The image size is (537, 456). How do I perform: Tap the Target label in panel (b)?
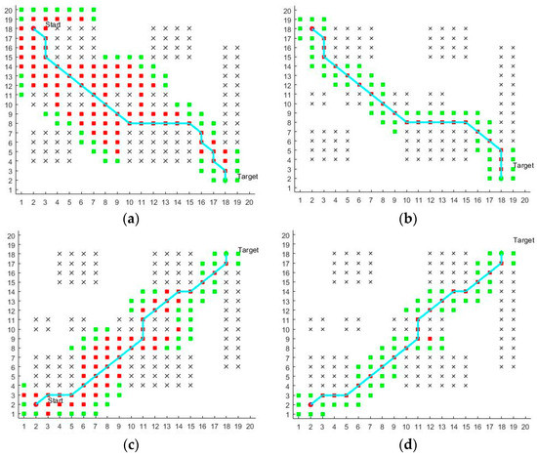[523, 166]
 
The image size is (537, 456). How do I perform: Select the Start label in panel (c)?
[55, 399]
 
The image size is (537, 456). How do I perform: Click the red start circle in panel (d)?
[311, 403]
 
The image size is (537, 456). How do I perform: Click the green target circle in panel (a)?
[226, 180]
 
